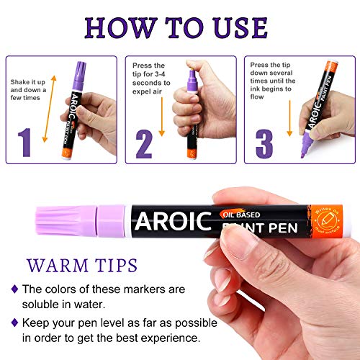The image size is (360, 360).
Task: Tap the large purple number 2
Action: tap(143, 143)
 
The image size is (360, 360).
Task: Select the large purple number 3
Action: tap(264, 143)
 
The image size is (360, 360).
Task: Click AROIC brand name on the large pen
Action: tap(171, 218)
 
